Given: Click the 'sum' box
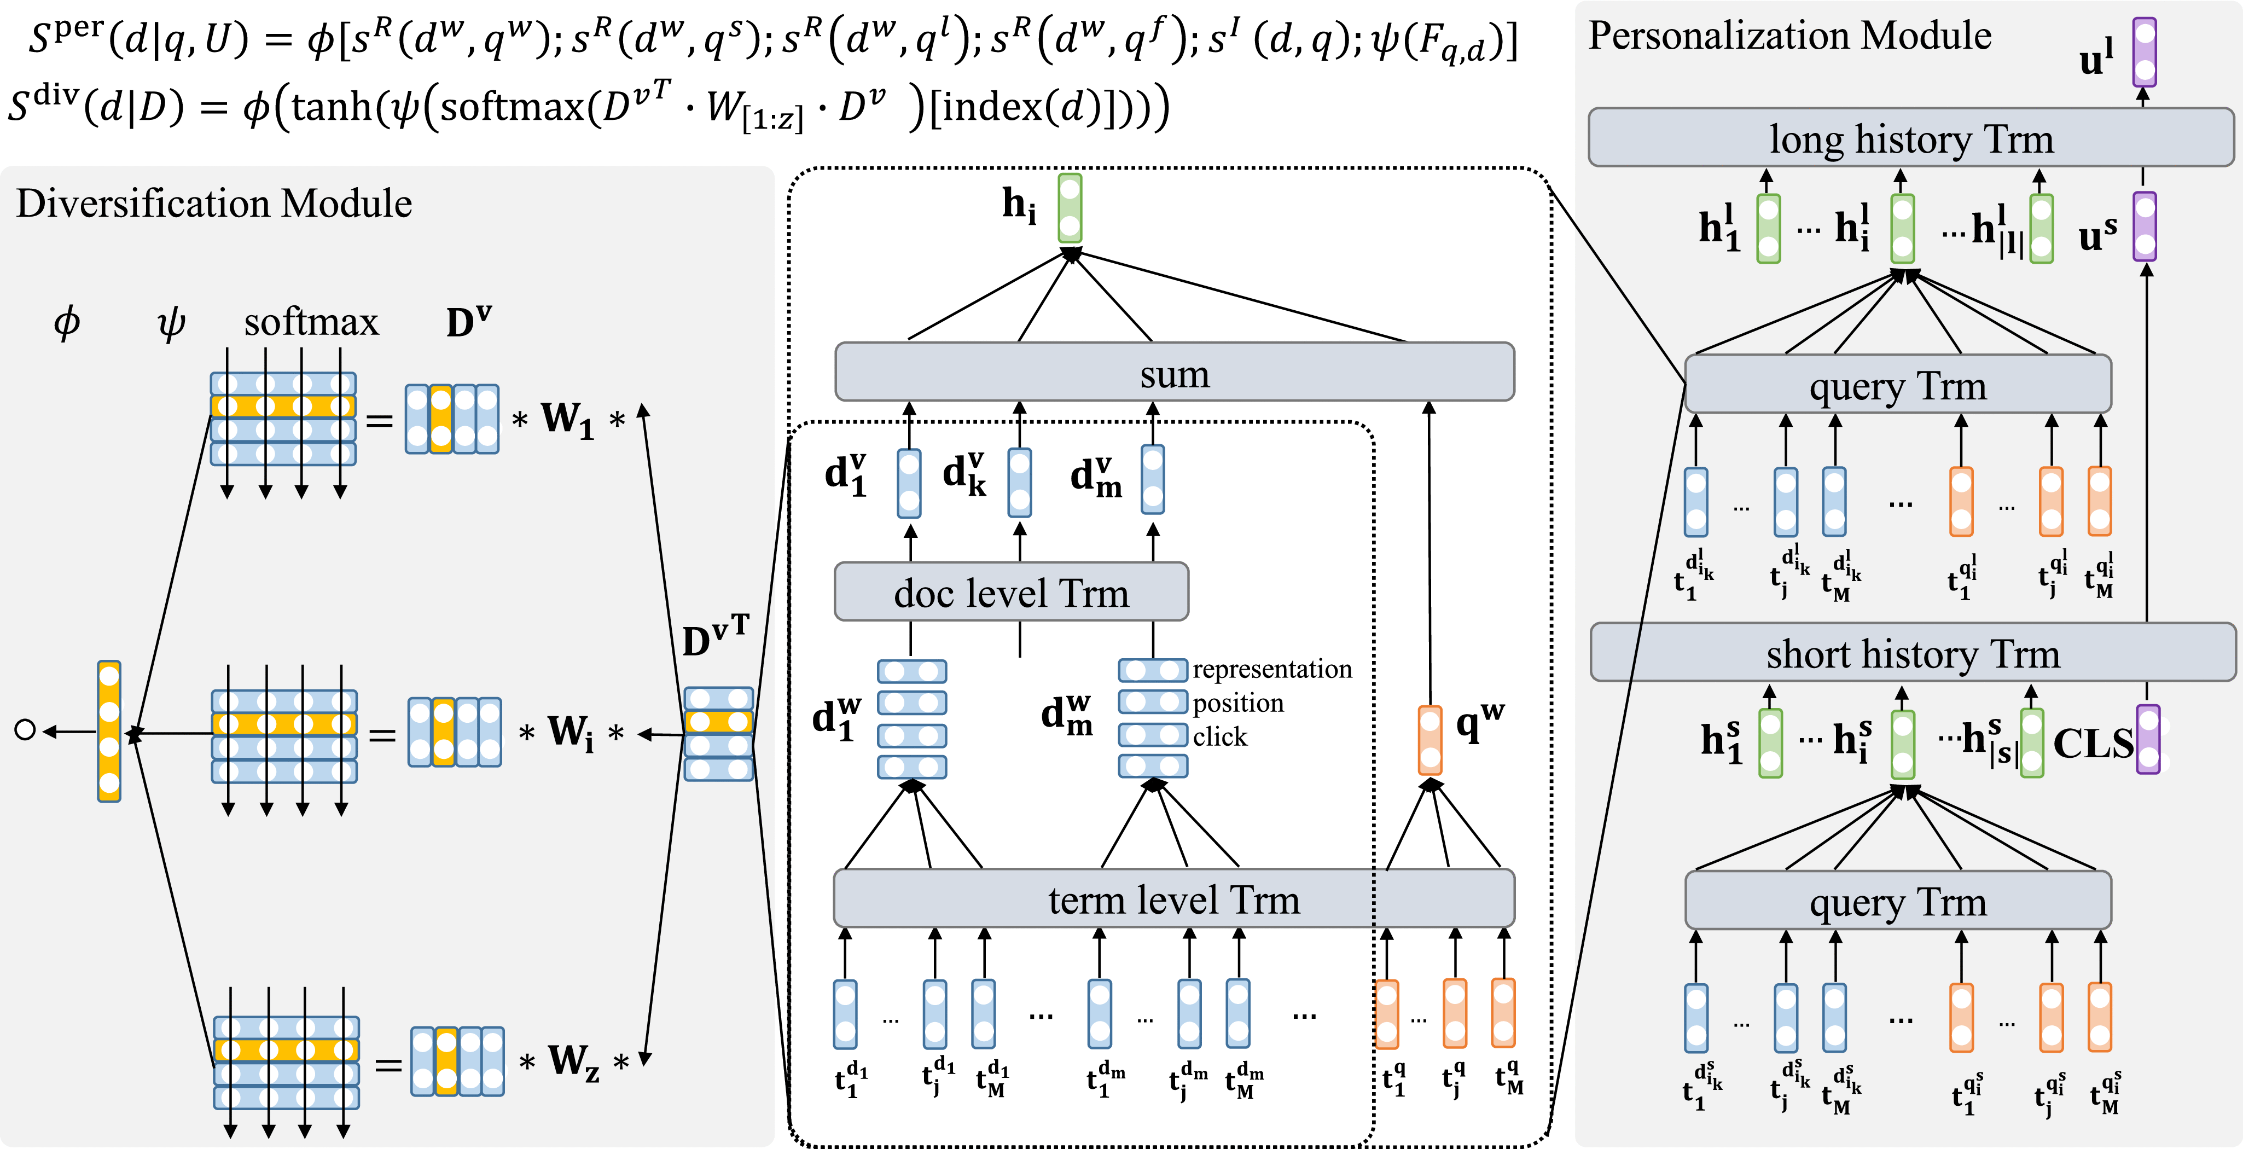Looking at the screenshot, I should point(1173,372).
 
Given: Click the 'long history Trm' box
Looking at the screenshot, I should point(1910,138).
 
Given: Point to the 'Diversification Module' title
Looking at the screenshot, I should point(213,204).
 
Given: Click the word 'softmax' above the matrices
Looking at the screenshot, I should point(311,322).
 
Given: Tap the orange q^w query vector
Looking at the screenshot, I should point(1430,740).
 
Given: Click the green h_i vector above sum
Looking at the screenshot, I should point(1070,208).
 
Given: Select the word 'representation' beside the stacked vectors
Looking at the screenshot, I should point(1271,669).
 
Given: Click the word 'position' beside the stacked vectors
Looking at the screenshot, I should point(1237,703).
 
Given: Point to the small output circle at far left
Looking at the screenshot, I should point(25,730).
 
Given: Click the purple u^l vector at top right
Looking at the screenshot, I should point(2145,53).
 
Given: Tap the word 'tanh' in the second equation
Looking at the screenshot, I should point(332,107).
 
